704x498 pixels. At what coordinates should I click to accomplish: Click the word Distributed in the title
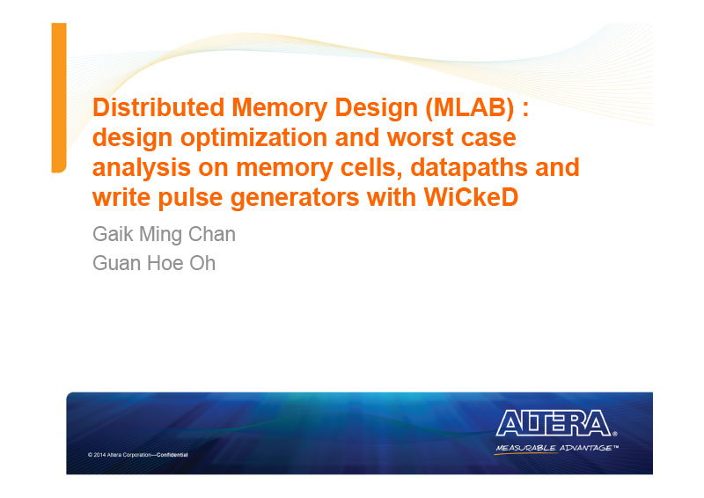pos(158,107)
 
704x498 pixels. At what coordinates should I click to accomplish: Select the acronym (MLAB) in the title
pos(470,108)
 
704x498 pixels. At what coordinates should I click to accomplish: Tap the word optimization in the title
pos(253,138)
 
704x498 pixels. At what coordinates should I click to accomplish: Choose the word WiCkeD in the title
pos(471,197)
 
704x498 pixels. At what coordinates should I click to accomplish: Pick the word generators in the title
pos(295,199)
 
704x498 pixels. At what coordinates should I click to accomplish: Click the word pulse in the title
pos(190,199)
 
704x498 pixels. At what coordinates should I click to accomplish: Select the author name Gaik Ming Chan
pos(164,234)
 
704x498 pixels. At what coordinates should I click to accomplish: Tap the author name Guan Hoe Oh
pos(154,263)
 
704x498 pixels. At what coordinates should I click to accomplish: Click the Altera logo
pos(554,422)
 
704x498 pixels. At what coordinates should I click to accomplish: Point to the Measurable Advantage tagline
pos(557,448)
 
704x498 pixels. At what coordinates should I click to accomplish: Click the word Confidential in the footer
pos(172,455)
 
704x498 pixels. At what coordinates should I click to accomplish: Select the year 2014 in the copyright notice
pos(99,455)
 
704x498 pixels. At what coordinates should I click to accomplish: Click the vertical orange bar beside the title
pos(59,98)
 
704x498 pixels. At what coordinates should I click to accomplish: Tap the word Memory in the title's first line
pos(280,108)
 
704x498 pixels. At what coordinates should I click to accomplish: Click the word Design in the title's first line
pos(377,108)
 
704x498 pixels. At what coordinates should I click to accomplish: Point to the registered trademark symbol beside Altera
pos(614,434)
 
